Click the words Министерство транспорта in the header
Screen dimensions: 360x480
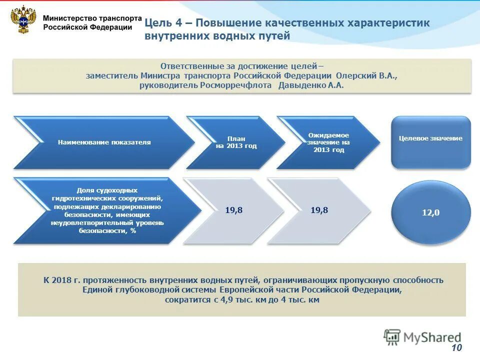coord(92,17)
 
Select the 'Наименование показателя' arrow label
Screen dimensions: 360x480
coord(104,142)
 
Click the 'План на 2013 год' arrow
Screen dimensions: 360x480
coord(235,142)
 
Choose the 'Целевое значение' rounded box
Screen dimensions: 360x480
coord(430,138)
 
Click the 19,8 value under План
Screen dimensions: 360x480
coord(233,210)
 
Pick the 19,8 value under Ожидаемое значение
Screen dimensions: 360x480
coord(319,210)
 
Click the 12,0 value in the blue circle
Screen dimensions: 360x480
coord(430,212)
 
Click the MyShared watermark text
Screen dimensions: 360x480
coord(433,337)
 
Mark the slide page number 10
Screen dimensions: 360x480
coord(457,348)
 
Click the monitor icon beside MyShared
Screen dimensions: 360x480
coord(392,337)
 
